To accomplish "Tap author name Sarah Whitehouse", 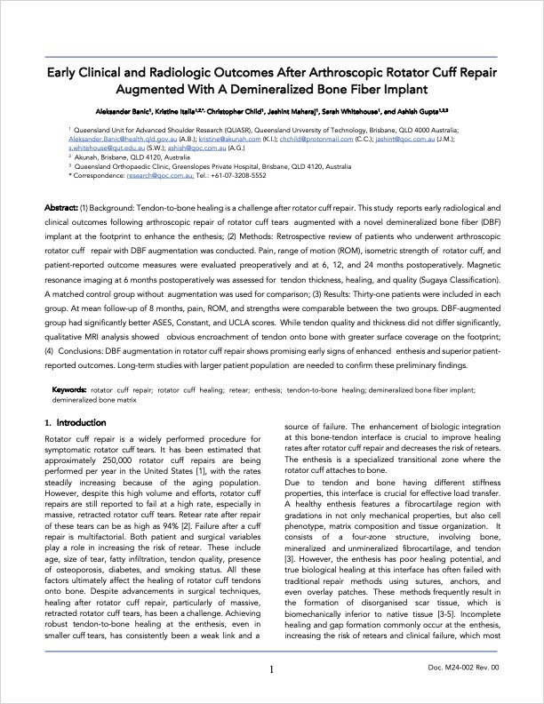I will pyautogui.click(x=353, y=114).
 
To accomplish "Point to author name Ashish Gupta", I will pyautogui.click(x=421, y=114).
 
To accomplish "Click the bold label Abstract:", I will pyautogui.click(x=65, y=208).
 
